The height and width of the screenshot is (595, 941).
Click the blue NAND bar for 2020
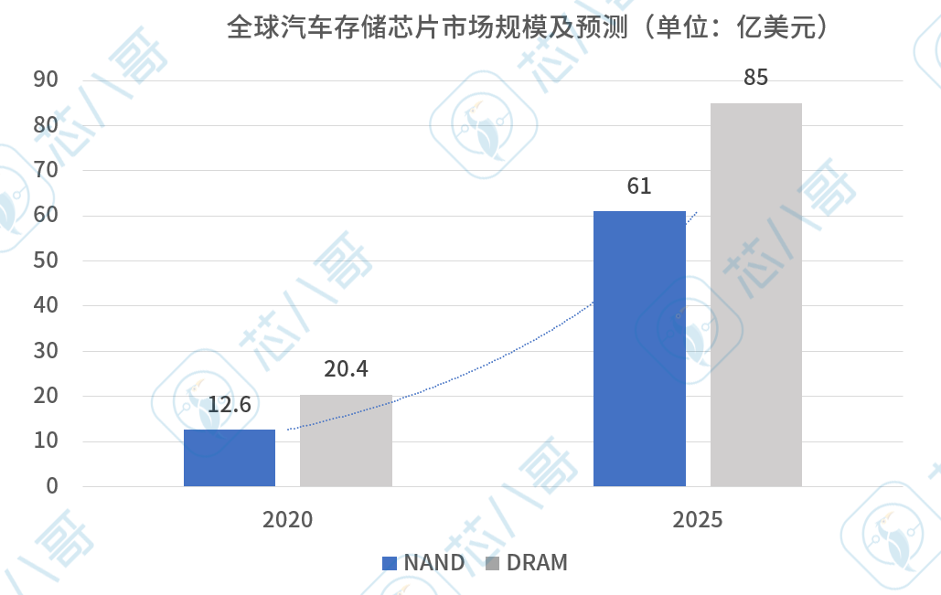click(x=230, y=458)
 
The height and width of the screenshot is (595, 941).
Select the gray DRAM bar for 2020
click(x=346, y=441)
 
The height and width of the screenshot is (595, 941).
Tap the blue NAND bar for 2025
click(x=639, y=348)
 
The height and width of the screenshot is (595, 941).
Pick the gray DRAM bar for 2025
click(x=756, y=294)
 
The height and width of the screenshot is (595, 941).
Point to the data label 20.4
click(x=346, y=369)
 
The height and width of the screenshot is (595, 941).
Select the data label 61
click(x=639, y=186)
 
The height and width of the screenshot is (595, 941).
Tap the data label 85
click(x=756, y=78)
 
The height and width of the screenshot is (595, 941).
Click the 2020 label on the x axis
click(x=287, y=520)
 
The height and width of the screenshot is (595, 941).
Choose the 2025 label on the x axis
click(x=698, y=520)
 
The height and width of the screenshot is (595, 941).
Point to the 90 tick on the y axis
click(x=46, y=80)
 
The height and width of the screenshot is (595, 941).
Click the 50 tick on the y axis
click(x=46, y=260)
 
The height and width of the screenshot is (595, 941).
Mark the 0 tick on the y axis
click(x=52, y=486)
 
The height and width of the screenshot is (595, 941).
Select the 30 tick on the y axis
click(x=46, y=351)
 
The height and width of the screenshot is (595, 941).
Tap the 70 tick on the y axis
click(x=46, y=171)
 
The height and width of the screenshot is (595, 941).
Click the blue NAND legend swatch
click(x=390, y=563)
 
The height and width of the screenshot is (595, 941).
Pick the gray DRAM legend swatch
click(x=492, y=563)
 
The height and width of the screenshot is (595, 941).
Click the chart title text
click(x=529, y=27)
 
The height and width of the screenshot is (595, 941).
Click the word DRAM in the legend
click(x=537, y=563)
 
